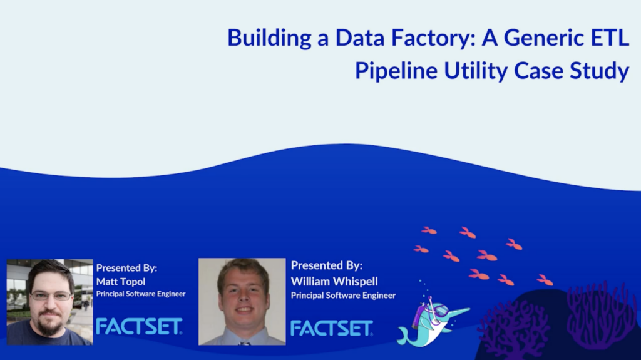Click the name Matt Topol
coord(121,282)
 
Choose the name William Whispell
coord(334,281)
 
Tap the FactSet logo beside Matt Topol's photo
coord(139,326)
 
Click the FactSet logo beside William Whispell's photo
coord(332,327)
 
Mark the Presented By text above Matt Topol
coord(126,268)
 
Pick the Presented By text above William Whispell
coord(326,265)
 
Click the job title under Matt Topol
coord(141,294)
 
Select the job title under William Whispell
coord(343,295)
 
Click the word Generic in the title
coord(533,38)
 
